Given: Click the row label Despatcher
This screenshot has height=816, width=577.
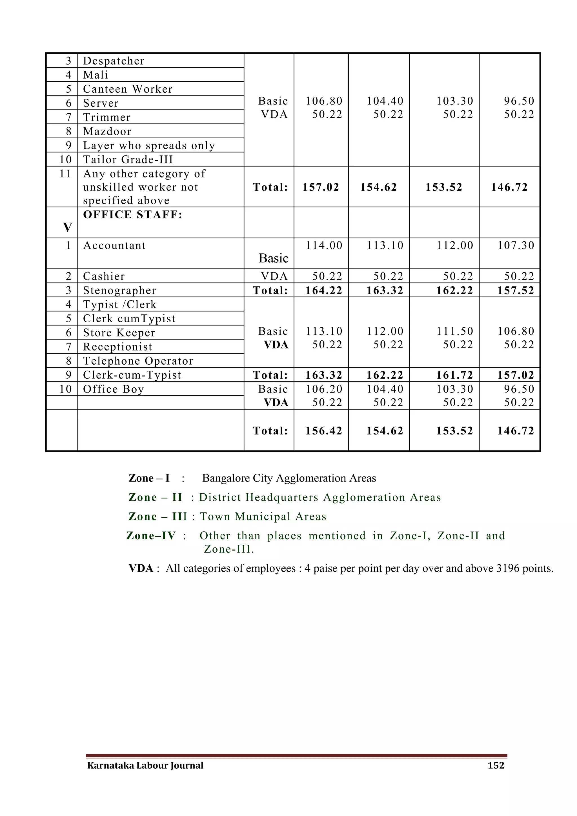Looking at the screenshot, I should pyautogui.click(x=114, y=61).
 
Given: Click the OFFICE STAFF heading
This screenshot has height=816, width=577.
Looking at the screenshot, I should pyautogui.click(x=132, y=215).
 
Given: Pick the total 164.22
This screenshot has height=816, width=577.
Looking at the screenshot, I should pyautogui.click(x=324, y=291).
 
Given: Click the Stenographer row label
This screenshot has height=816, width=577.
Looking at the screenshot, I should pyautogui.click(x=119, y=291).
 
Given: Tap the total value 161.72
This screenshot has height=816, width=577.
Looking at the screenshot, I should pyautogui.click(x=455, y=375).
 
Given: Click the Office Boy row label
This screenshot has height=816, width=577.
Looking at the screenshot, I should pyautogui.click(x=113, y=389).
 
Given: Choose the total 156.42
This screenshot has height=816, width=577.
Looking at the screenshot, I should pyautogui.click(x=324, y=431).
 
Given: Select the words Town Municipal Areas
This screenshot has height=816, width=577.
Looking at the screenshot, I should pyautogui.click(x=263, y=516).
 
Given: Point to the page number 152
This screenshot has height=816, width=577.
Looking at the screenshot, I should pyautogui.click(x=496, y=765).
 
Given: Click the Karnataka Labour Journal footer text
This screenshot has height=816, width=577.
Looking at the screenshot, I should pyautogui.click(x=145, y=765).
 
